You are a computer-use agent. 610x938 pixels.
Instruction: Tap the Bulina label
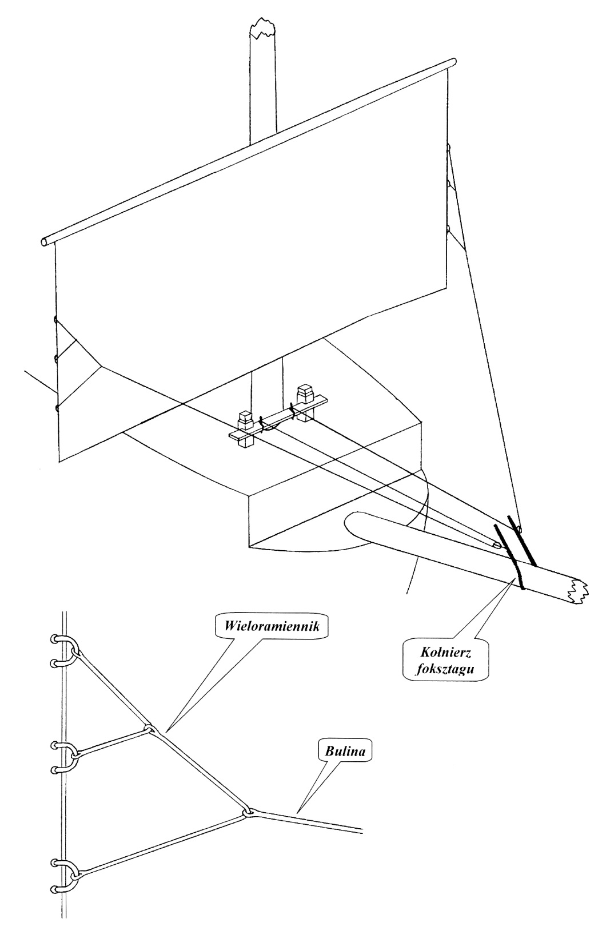[345, 751]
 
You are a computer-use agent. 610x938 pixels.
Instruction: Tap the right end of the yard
[453, 61]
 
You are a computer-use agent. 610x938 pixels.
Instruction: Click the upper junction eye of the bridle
[149, 729]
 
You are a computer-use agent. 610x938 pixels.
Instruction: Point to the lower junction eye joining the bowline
[248, 812]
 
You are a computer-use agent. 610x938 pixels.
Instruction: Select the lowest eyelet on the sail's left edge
[57, 408]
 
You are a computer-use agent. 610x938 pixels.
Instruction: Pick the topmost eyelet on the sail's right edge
[449, 148]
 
